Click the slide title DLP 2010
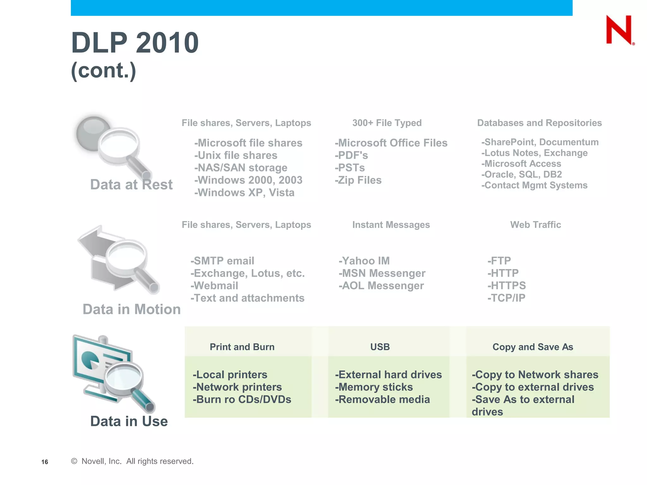tap(135, 43)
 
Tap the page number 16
tap(45, 462)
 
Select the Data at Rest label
tap(131, 185)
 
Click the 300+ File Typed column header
tap(387, 123)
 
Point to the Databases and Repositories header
tap(539, 123)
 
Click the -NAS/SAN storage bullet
tap(241, 168)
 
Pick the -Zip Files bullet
tap(358, 180)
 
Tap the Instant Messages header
tap(391, 225)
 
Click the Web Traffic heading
tap(535, 225)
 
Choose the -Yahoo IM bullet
tap(364, 261)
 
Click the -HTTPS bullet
tap(506, 286)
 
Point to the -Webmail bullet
tap(214, 286)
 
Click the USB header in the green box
tap(380, 347)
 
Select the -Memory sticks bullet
tap(374, 387)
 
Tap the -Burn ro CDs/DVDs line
tap(242, 399)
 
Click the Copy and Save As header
tap(533, 347)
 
